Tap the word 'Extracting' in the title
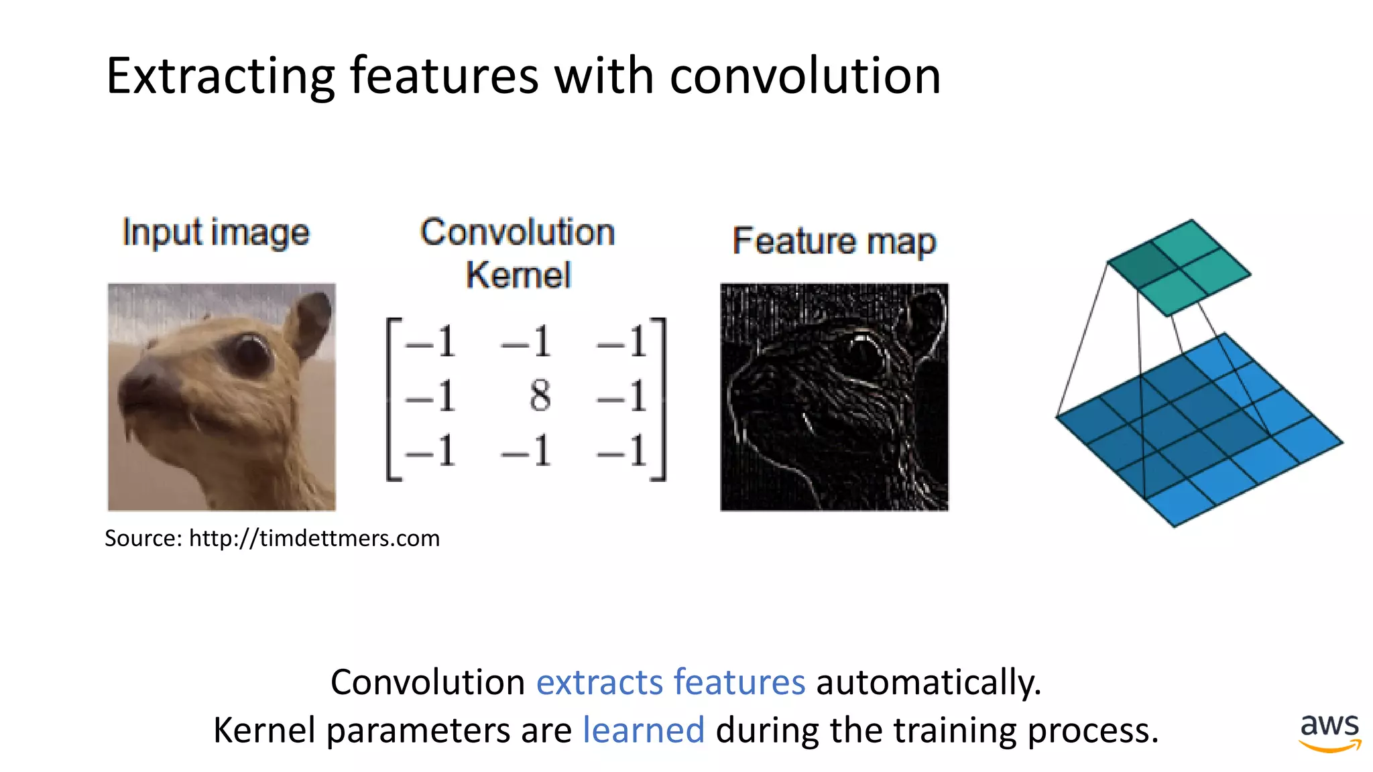click(220, 76)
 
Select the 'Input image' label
click(215, 233)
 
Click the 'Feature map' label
click(833, 241)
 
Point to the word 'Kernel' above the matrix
click(518, 275)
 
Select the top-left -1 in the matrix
click(430, 341)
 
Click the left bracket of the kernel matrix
click(392, 399)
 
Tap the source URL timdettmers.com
click(314, 538)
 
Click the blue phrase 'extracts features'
click(670, 682)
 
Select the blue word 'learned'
click(643, 730)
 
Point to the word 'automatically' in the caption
click(927, 682)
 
